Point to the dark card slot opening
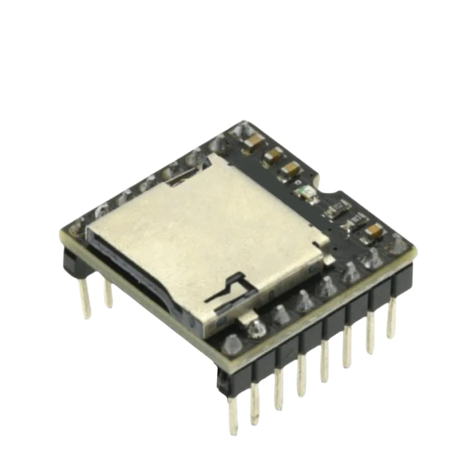[142, 284]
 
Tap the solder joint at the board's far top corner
[240, 130]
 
